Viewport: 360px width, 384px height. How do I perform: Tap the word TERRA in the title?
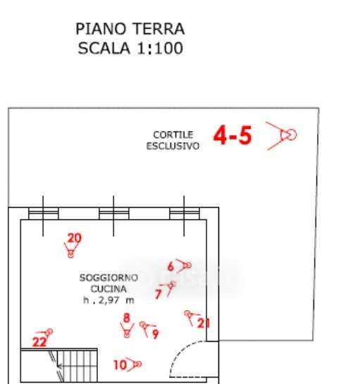159,29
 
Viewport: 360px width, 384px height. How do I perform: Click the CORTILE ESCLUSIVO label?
173,140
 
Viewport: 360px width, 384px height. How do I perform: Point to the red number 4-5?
232,135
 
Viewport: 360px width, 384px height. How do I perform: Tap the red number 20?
75,238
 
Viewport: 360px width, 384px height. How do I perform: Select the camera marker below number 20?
70,250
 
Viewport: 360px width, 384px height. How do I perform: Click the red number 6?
170,266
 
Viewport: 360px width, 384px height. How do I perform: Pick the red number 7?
159,294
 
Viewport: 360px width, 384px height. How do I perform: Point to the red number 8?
127,318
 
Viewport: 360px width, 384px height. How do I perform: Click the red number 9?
156,334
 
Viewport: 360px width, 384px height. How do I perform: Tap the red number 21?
204,323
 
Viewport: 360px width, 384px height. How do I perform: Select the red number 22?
39,342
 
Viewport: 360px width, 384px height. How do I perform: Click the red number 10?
120,365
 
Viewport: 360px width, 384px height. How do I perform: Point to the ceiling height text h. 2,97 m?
108,300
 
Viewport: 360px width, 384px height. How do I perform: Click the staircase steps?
77,366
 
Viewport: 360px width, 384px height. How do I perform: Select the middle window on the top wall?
114,213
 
